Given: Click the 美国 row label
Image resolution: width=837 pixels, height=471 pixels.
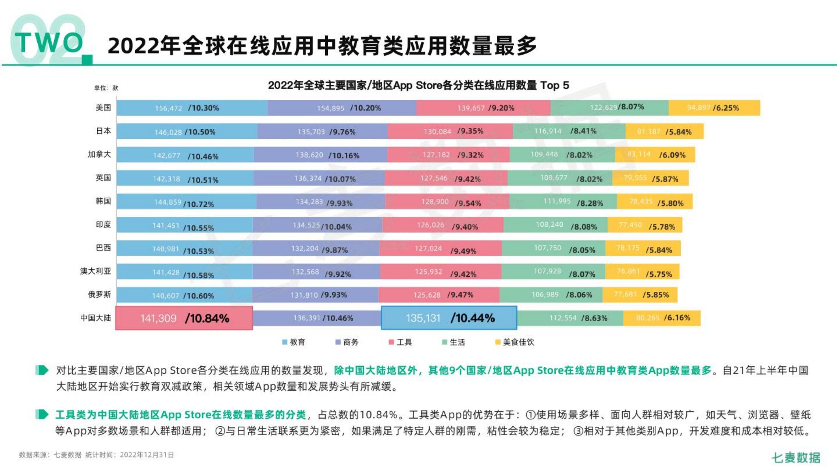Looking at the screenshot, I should click(x=103, y=108).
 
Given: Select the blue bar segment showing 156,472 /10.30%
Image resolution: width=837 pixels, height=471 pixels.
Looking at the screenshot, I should click(x=192, y=108).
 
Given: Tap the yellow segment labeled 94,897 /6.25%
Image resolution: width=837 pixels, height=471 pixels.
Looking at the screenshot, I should click(x=714, y=108).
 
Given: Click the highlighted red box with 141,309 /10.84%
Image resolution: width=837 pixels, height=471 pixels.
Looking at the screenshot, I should click(x=184, y=318).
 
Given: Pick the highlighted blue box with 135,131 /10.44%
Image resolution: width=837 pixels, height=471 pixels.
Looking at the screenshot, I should click(x=449, y=317).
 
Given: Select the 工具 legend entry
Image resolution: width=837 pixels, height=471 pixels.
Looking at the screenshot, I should click(x=401, y=342).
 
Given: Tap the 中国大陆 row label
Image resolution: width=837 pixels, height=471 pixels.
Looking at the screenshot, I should click(x=95, y=317).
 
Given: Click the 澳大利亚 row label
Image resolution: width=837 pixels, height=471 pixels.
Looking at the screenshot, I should click(x=95, y=271).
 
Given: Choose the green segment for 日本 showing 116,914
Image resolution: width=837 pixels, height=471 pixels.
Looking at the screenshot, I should click(x=569, y=131).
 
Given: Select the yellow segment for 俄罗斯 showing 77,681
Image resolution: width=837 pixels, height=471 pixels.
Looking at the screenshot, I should click(x=640, y=295).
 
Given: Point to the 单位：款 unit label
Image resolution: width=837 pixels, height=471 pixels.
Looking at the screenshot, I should click(x=106, y=88).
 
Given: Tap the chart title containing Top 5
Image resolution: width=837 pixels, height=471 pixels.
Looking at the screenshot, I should click(x=418, y=85).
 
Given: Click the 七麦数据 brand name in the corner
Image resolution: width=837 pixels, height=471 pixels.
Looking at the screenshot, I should click(x=796, y=457).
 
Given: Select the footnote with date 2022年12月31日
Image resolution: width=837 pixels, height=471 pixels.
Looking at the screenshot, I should click(x=96, y=455).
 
